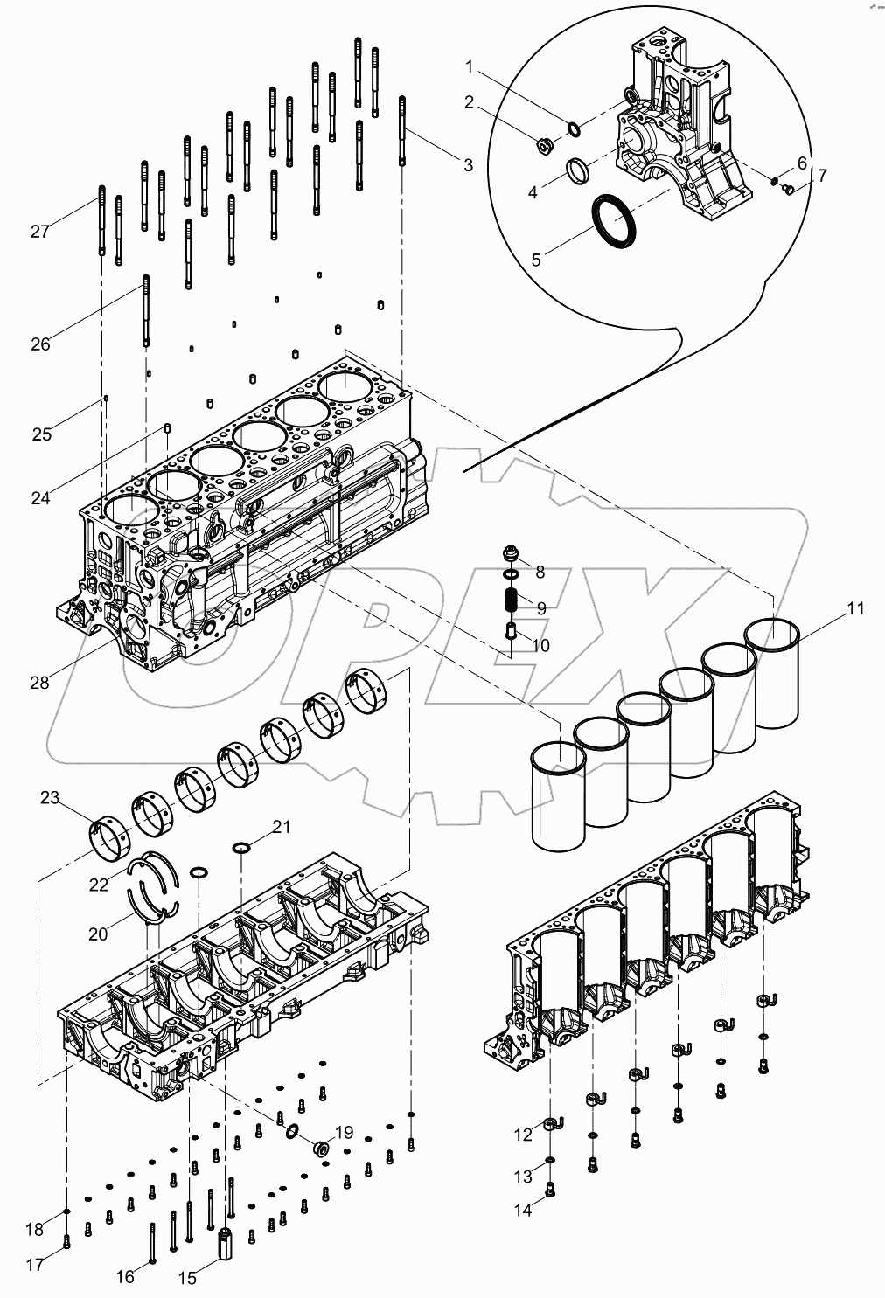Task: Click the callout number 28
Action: click(39, 683)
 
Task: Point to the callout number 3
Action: click(468, 164)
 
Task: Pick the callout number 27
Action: click(39, 232)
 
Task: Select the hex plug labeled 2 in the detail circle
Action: click(541, 148)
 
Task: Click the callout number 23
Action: click(49, 797)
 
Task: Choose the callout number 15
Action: click(188, 1278)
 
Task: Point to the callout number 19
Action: click(344, 1132)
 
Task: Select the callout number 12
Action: click(523, 1135)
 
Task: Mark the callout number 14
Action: click(523, 1211)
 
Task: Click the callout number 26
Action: click(40, 344)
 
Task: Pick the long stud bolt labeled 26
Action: click(145, 310)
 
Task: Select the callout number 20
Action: click(98, 934)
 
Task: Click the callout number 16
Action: click(126, 1277)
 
